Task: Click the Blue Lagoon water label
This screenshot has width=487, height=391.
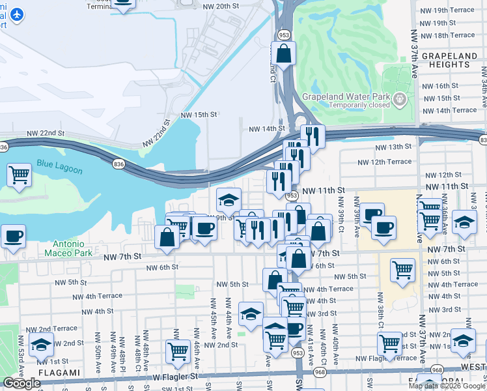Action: tap(60, 169)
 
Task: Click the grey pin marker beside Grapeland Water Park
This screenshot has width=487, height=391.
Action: tap(400, 99)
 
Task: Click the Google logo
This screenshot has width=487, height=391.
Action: tap(21, 383)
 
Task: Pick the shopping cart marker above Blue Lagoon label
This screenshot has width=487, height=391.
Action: tap(20, 175)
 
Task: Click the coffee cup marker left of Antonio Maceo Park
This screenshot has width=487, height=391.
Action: tap(13, 236)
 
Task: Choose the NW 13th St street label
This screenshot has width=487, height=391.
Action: tap(391, 147)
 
